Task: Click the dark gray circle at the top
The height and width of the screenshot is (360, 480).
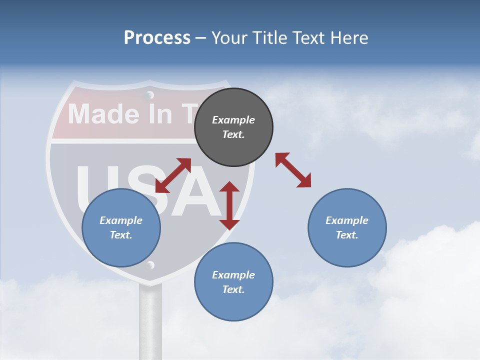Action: pyautogui.click(x=233, y=127)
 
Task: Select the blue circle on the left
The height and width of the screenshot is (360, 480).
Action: pyautogui.click(x=121, y=227)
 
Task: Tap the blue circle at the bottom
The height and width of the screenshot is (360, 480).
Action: pyautogui.click(x=233, y=281)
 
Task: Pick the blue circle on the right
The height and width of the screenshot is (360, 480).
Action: pyautogui.click(x=347, y=227)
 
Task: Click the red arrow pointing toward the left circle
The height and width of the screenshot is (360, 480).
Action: pyautogui.click(x=173, y=175)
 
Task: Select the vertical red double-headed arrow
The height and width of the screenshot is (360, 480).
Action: pyautogui.click(x=229, y=205)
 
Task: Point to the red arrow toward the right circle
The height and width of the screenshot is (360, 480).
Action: pyautogui.click(x=293, y=170)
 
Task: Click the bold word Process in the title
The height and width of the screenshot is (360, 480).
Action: pyautogui.click(x=157, y=37)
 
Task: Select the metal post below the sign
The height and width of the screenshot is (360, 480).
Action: pyautogui.click(x=150, y=320)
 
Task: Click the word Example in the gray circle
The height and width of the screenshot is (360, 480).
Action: pyautogui.click(x=233, y=120)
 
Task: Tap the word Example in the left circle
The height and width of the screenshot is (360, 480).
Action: pyautogui.click(x=121, y=220)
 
